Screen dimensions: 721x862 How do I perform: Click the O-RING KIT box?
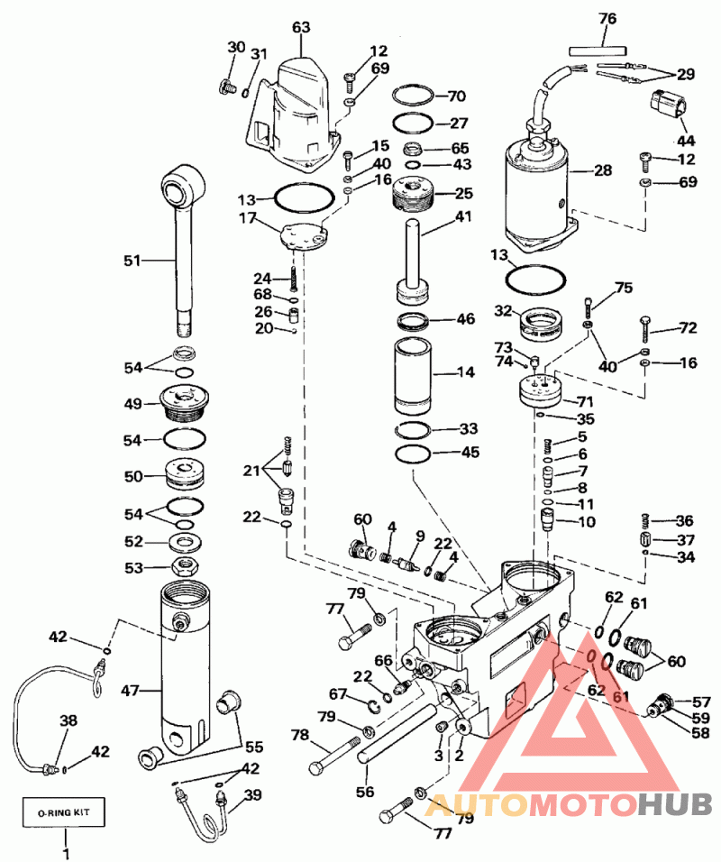coord(63,812)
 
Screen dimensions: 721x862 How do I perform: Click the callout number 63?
coord(301,27)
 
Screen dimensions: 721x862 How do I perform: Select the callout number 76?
coord(607,18)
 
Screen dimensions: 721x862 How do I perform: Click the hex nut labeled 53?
coord(184,566)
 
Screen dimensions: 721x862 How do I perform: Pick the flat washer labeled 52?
coord(184,542)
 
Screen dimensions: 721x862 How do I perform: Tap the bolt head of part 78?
coord(317,767)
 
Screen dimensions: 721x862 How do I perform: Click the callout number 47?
coord(131,690)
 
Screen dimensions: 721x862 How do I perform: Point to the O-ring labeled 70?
coord(421,96)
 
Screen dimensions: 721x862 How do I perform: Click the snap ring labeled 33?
coord(413,430)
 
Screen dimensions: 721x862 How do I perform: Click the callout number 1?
coord(66,854)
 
